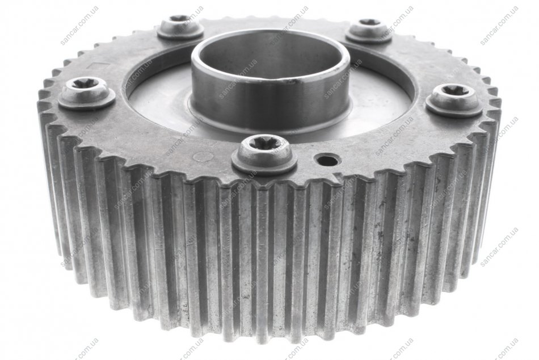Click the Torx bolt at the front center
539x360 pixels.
pos(264,156)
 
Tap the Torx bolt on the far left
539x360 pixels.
pos(86,93)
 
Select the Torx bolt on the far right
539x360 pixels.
pos(453,101)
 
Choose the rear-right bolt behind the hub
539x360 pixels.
pos(369,32)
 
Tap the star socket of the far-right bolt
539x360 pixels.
pos(454,90)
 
